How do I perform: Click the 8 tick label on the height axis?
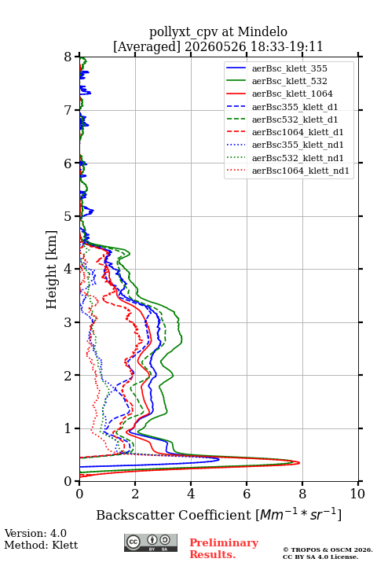point(68,57)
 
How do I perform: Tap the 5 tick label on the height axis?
point(68,217)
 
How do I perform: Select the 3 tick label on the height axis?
point(68,322)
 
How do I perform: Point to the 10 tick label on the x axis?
point(357,494)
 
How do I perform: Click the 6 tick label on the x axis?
point(247,494)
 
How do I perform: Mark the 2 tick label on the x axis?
point(135,494)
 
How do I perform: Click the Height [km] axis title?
point(52,270)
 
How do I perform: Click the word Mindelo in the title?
point(262,32)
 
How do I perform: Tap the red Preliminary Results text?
point(224,549)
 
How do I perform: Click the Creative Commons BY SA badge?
point(151,543)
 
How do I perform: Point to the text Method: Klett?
point(41,545)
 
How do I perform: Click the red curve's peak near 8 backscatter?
point(299,463)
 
